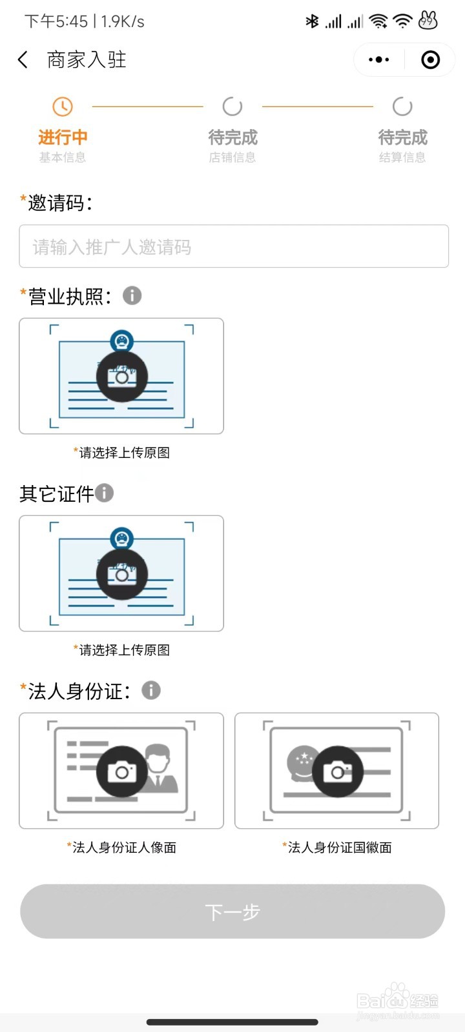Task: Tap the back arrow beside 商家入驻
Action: [23, 60]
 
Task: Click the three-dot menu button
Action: [378, 60]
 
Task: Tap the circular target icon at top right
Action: [430, 60]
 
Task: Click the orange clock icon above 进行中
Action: [63, 106]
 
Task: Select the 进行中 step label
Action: [63, 137]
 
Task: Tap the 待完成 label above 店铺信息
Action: [232, 137]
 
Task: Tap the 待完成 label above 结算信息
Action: [402, 137]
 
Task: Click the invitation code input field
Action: [234, 246]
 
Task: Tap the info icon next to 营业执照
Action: [132, 296]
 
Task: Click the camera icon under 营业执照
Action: [122, 377]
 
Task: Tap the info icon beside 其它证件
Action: [105, 493]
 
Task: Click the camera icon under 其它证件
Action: [122, 574]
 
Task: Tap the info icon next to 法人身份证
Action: [151, 691]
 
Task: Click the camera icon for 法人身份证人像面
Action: [122, 771]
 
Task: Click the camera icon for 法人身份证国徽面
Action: [337, 771]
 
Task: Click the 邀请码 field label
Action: [59, 203]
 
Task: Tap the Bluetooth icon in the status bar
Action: [312, 21]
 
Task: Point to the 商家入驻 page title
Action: [87, 60]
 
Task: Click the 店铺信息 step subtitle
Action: [232, 157]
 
